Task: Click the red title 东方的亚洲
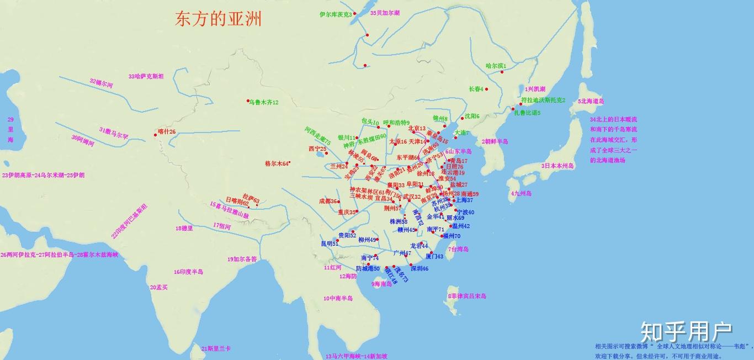218,19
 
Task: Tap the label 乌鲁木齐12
264,102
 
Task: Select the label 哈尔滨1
496,66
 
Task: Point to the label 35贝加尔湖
385,12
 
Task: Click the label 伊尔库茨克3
336,14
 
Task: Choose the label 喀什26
167,131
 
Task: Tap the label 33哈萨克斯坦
146,76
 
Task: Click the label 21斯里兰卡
216,348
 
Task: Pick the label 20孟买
158,287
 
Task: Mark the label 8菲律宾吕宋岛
466,296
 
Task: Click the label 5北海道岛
591,101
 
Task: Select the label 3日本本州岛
557,166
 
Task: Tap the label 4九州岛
521,193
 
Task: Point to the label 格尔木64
277,163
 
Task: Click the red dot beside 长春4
486,89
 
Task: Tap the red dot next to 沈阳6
462,118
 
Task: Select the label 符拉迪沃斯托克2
543,100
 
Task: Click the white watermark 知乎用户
686,332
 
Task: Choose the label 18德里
184,228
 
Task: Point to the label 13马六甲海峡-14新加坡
356,356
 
